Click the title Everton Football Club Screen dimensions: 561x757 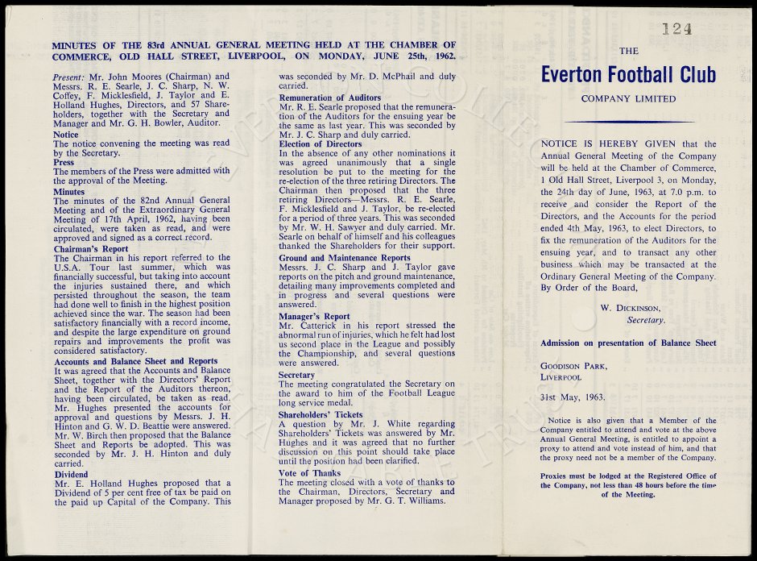[628, 75]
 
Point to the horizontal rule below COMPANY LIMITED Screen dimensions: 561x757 [628, 122]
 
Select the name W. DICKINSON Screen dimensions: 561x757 [631, 307]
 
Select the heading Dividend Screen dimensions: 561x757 [71, 475]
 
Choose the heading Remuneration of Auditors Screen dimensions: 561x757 [329, 98]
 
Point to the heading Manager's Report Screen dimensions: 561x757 [314, 317]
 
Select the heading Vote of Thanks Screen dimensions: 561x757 [309, 472]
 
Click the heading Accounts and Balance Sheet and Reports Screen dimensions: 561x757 [134, 361]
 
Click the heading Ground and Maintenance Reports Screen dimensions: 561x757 [345, 258]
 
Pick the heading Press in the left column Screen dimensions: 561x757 [64, 161]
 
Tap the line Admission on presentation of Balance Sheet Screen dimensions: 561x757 [628, 343]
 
